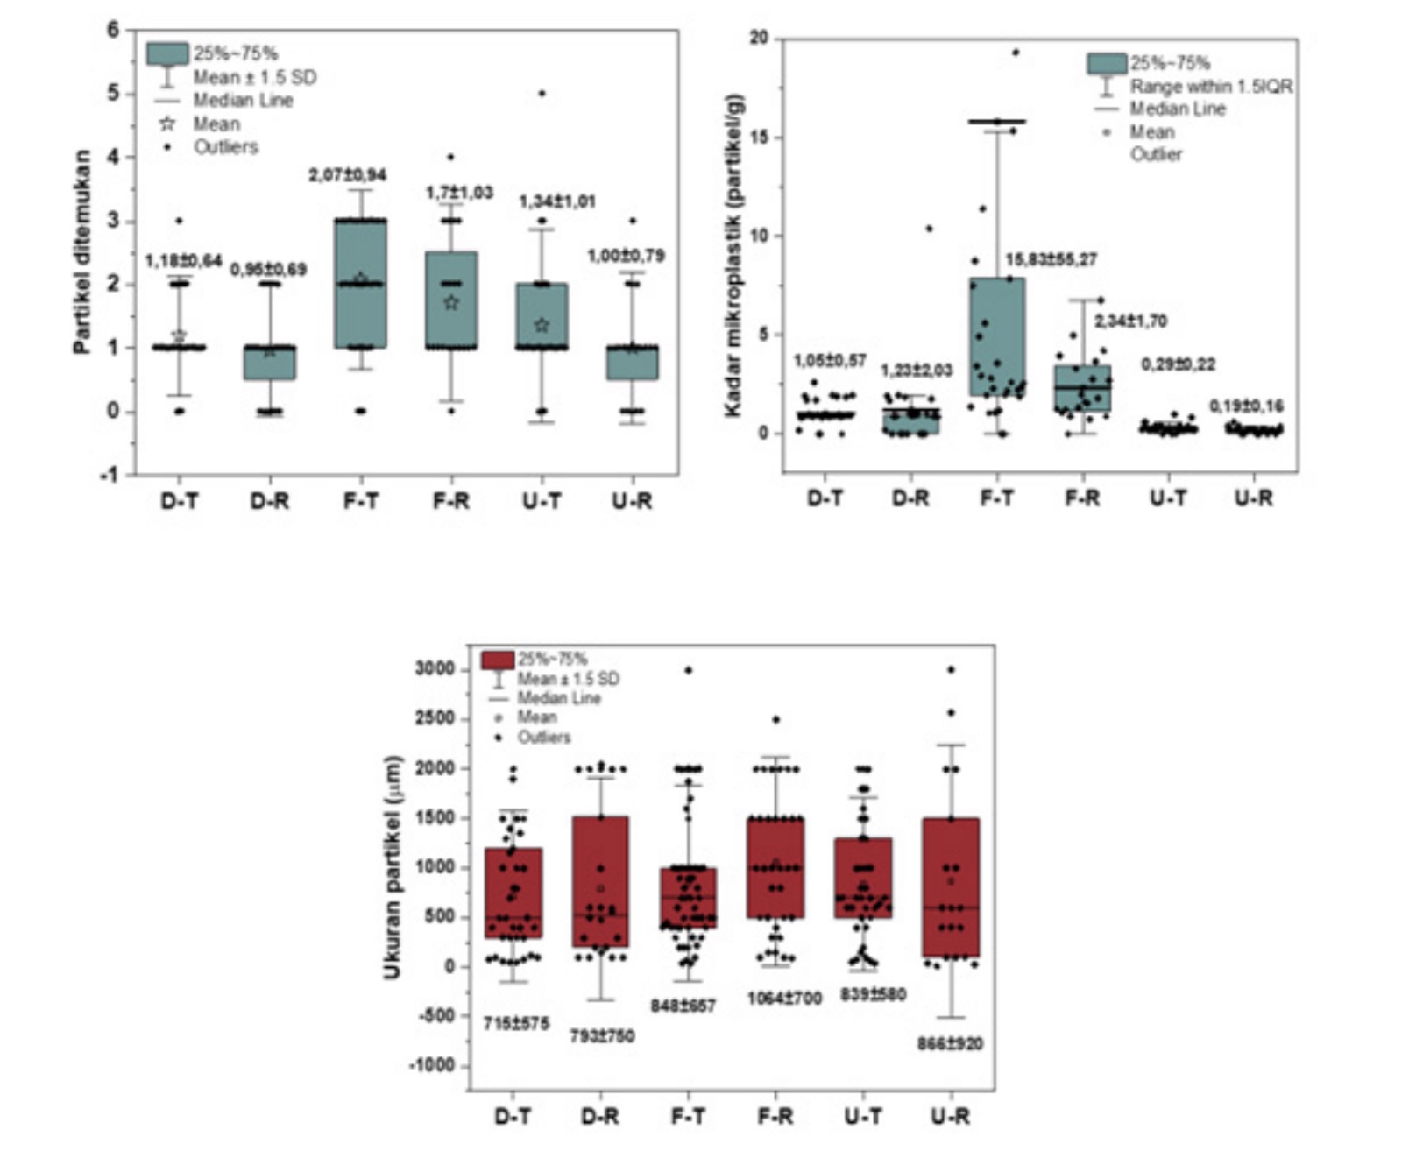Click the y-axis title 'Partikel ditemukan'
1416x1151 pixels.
(82, 251)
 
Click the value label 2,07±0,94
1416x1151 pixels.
(347, 176)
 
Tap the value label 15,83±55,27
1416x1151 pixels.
(1051, 260)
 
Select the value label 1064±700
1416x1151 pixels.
(784, 999)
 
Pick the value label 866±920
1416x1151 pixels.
(950, 1044)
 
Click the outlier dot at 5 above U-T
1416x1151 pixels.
(542, 93)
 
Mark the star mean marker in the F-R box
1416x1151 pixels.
(451, 303)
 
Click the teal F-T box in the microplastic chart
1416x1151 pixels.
(996, 337)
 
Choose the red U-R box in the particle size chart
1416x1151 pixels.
(951, 886)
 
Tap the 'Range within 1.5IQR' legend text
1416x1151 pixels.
(1211, 87)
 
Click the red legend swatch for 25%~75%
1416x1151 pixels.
(498, 660)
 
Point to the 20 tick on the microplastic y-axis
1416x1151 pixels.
(759, 38)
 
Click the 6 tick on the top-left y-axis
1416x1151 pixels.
(112, 30)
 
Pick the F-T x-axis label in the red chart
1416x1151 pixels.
(688, 1117)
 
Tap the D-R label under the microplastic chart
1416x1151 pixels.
(910, 498)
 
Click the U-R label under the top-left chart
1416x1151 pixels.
(631, 501)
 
